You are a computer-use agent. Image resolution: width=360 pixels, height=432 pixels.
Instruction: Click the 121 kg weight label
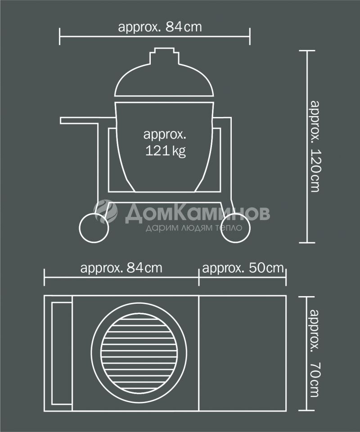click(x=165, y=143)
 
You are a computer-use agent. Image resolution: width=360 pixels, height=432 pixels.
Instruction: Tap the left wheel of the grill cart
click(x=94, y=228)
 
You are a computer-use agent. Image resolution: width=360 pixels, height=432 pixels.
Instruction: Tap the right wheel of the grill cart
click(x=235, y=228)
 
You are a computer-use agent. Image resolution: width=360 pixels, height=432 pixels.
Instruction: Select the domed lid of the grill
click(x=164, y=80)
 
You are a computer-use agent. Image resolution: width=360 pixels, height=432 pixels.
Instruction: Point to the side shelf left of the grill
click(x=88, y=121)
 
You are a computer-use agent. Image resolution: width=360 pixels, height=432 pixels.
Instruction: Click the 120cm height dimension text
click(x=315, y=146)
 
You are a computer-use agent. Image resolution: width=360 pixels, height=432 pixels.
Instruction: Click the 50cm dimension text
click(x=243, y=268)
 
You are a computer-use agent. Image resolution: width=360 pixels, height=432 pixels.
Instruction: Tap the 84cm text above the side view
click(x=160, y=27)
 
